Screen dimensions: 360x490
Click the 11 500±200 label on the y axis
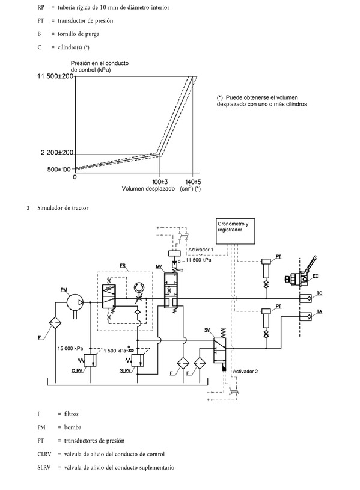point(55,76)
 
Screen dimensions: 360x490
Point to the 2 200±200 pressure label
point(57,153)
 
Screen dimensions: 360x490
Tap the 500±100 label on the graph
point(59,170)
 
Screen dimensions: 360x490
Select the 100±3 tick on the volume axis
point(160,182)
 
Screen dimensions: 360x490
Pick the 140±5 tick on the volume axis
point(193,182)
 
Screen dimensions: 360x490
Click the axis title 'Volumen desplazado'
point(148,189)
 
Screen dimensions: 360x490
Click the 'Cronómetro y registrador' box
point(236,231)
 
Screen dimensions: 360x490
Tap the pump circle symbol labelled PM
point(75,302)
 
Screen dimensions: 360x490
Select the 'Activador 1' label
point(201,250)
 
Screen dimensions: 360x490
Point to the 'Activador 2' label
point(245,372)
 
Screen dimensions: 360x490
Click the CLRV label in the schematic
point(77,370)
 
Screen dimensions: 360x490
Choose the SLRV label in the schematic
point(126,370)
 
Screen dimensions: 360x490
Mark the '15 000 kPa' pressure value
point(70,349)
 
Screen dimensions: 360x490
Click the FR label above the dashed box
point(123,266)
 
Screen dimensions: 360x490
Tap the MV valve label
point(159,266)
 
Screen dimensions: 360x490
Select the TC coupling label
point(319,293)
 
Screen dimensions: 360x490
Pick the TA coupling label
point(319,311)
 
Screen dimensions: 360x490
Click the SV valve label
point(207,329)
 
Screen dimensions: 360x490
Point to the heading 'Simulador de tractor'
point(63,208)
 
